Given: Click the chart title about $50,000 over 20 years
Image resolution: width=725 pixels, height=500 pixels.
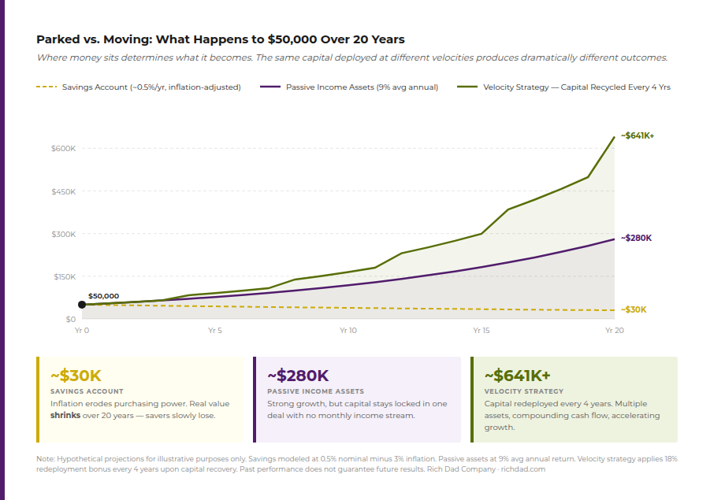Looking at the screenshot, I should pyautogui.click(x=221, y=39).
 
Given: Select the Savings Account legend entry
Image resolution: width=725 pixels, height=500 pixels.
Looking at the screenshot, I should pyautogui.click(x=151, y=87).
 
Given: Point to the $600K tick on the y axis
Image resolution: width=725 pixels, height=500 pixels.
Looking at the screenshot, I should pyautogui.click(x=64, y=149).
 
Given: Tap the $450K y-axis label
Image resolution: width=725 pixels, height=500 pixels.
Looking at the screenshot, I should pyautogui.click(x=64, y=191).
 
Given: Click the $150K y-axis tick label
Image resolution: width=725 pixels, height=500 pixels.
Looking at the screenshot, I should pyautogui.click(x=64, y=276).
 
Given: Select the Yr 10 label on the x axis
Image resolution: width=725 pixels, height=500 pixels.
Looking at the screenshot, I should pyautogui.click(x=348, y=331).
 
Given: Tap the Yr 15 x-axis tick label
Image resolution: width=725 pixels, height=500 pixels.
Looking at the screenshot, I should pyautogui.click(x=481, y=331).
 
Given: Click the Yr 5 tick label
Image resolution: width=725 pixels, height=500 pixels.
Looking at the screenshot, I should pyautogui.click(x=214, y=331).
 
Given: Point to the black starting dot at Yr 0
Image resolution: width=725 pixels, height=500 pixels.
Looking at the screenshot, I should pyautogui.click(x=82, y=305).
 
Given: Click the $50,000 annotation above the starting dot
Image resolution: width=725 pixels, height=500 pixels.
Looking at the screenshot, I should pyautogui.click(x=103, y=296).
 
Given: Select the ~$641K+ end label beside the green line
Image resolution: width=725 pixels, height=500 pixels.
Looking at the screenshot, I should pyautogui.click(x=638, y=135).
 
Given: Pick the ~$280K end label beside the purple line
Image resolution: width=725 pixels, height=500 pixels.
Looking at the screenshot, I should pyautogui.click(x=636, y=238).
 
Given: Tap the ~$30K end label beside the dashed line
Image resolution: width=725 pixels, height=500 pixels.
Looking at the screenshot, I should pyautogui.click(x=634, y=309).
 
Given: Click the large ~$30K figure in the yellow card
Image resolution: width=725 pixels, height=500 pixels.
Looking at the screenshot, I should pyautogui.click(x=76, y=376).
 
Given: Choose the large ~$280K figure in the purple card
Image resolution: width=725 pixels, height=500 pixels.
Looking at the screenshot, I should pyautogui.click(x=298, y=376).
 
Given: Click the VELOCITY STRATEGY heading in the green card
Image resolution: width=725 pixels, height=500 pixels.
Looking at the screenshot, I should pyautogui.click(x=523, y=391).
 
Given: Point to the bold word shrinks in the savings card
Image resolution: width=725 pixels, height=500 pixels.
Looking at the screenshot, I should pyautogui.click(x=65, y=415).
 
